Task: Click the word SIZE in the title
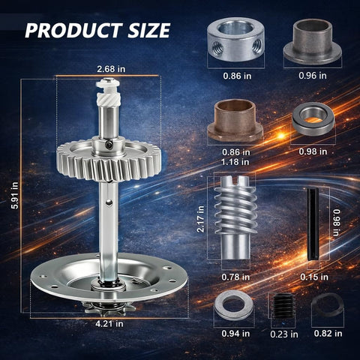[149, 31]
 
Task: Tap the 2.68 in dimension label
[111, 69]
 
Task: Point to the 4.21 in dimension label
[109, 324]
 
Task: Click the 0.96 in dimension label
[313, 76]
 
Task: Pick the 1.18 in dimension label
[235, 162]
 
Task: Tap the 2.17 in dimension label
[200, 219]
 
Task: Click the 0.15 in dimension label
[314, 277]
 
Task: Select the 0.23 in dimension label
[284, 334]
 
